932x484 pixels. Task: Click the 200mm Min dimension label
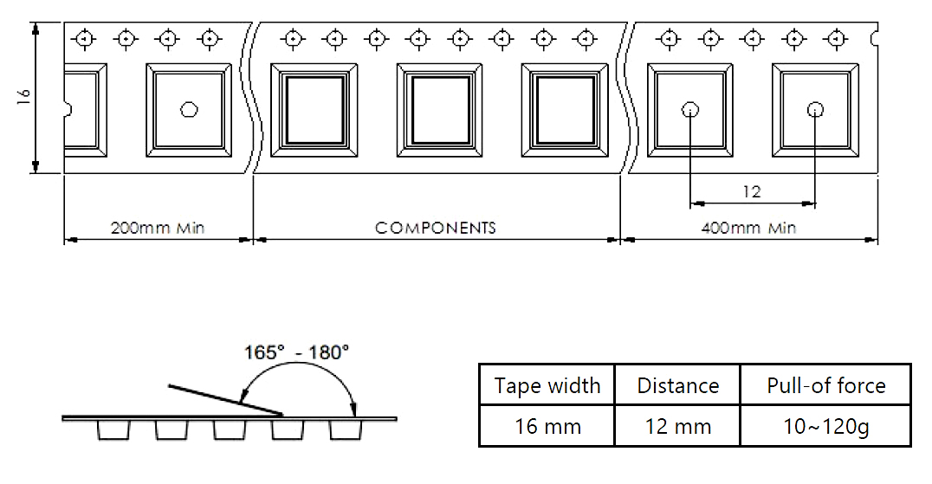pyautogui.click(x=158, y=228)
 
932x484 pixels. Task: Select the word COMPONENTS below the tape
pyautogui.click(x=436, y=228)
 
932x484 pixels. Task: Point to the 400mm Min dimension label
pyautogui.click(x=748, y=228)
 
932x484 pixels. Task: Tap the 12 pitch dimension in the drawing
pyautogui.click(x=752, y=191)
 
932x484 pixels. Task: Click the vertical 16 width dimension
pyautogui.click(x=23, y=96)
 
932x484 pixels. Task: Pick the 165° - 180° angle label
pyautogui.click(x=296, y=352)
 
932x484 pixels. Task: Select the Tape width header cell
pyautogui.click(x=547, y=385)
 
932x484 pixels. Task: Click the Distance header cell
pyautogui.click(x=677, y=385)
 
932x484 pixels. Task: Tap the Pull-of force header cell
pyautogui.click(x=826, y=385)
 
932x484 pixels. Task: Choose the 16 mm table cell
pyautogui.click(x=547, y=426)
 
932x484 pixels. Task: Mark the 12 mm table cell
pyautogui.click(x=677, y=426)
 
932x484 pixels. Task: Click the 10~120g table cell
pyautogui.click(x=826, y=426)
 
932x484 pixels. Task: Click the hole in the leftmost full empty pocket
pyautogui.click(x=189, y=109)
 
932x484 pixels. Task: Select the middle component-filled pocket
pyautogui.click(x=439, y=111)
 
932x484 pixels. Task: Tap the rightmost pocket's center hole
pyautogui.click(x=815, y=109)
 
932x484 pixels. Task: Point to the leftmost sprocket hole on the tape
pyautogui.click(x=84, y=39)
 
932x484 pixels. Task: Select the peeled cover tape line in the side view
pyautogui.click(x=225, y=400)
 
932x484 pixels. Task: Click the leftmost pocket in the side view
pyautogui.click(x=113, y=430)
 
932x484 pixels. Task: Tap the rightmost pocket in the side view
pyautogui.click(x=346, y=430)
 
